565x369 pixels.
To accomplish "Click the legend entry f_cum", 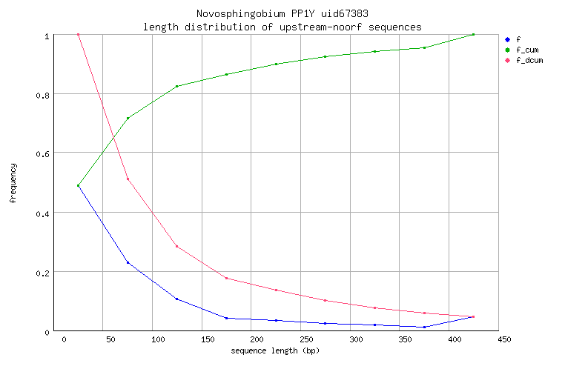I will (526, 49).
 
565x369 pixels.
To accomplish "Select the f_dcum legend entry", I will (529, 59).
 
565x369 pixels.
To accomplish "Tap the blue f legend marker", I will (506, 39).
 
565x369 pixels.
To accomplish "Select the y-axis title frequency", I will (13, 183).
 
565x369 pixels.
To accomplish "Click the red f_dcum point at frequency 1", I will (78, 34).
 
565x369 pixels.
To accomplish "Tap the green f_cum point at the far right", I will (473, 34).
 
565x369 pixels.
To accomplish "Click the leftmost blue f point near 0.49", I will (78, 186).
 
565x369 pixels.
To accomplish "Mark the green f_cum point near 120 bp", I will (176, 87).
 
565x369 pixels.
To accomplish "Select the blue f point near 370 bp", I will (424, 327).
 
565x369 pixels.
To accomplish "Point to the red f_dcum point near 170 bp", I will (226, 278).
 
